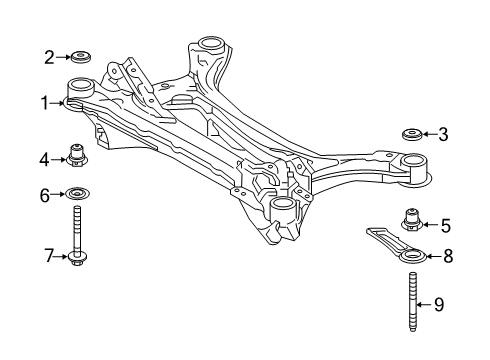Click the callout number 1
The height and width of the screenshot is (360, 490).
point(44,100)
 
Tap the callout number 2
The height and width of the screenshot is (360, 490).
point(48,57)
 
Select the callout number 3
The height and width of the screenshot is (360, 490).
point(444,133)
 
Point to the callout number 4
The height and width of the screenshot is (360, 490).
point(44,157)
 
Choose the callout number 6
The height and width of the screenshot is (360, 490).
point(44,194)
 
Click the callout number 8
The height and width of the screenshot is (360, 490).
point(447,256)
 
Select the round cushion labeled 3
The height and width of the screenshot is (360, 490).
point(409,133)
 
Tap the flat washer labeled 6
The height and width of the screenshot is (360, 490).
point(78,194)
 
